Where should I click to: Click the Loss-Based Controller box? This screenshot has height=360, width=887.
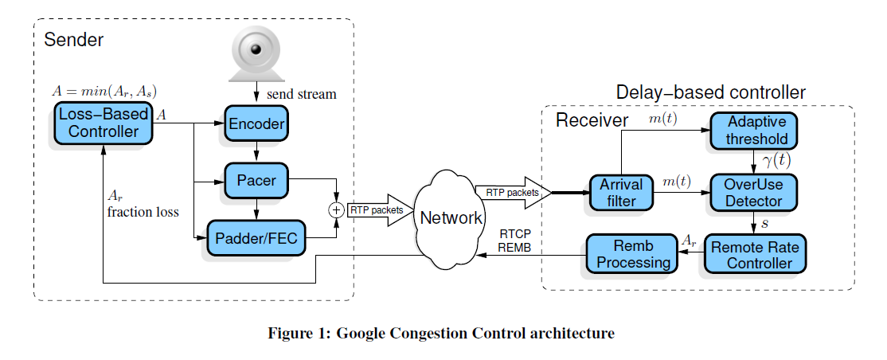(x=104, y=123)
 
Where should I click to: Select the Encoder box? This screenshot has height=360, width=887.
(x=256, y=123)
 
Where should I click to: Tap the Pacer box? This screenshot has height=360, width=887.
(x=256, y=180)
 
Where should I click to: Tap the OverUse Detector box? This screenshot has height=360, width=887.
(x=752, y=192)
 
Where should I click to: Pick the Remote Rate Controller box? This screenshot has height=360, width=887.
(x=752, y=255)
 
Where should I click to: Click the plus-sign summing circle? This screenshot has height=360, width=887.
(x=336, y=210)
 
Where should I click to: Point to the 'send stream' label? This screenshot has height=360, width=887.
(x=301, y=94)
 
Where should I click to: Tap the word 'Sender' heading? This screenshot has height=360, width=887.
(x=74, y=39)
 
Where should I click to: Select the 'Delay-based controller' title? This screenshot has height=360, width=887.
(x=711, y=92)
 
